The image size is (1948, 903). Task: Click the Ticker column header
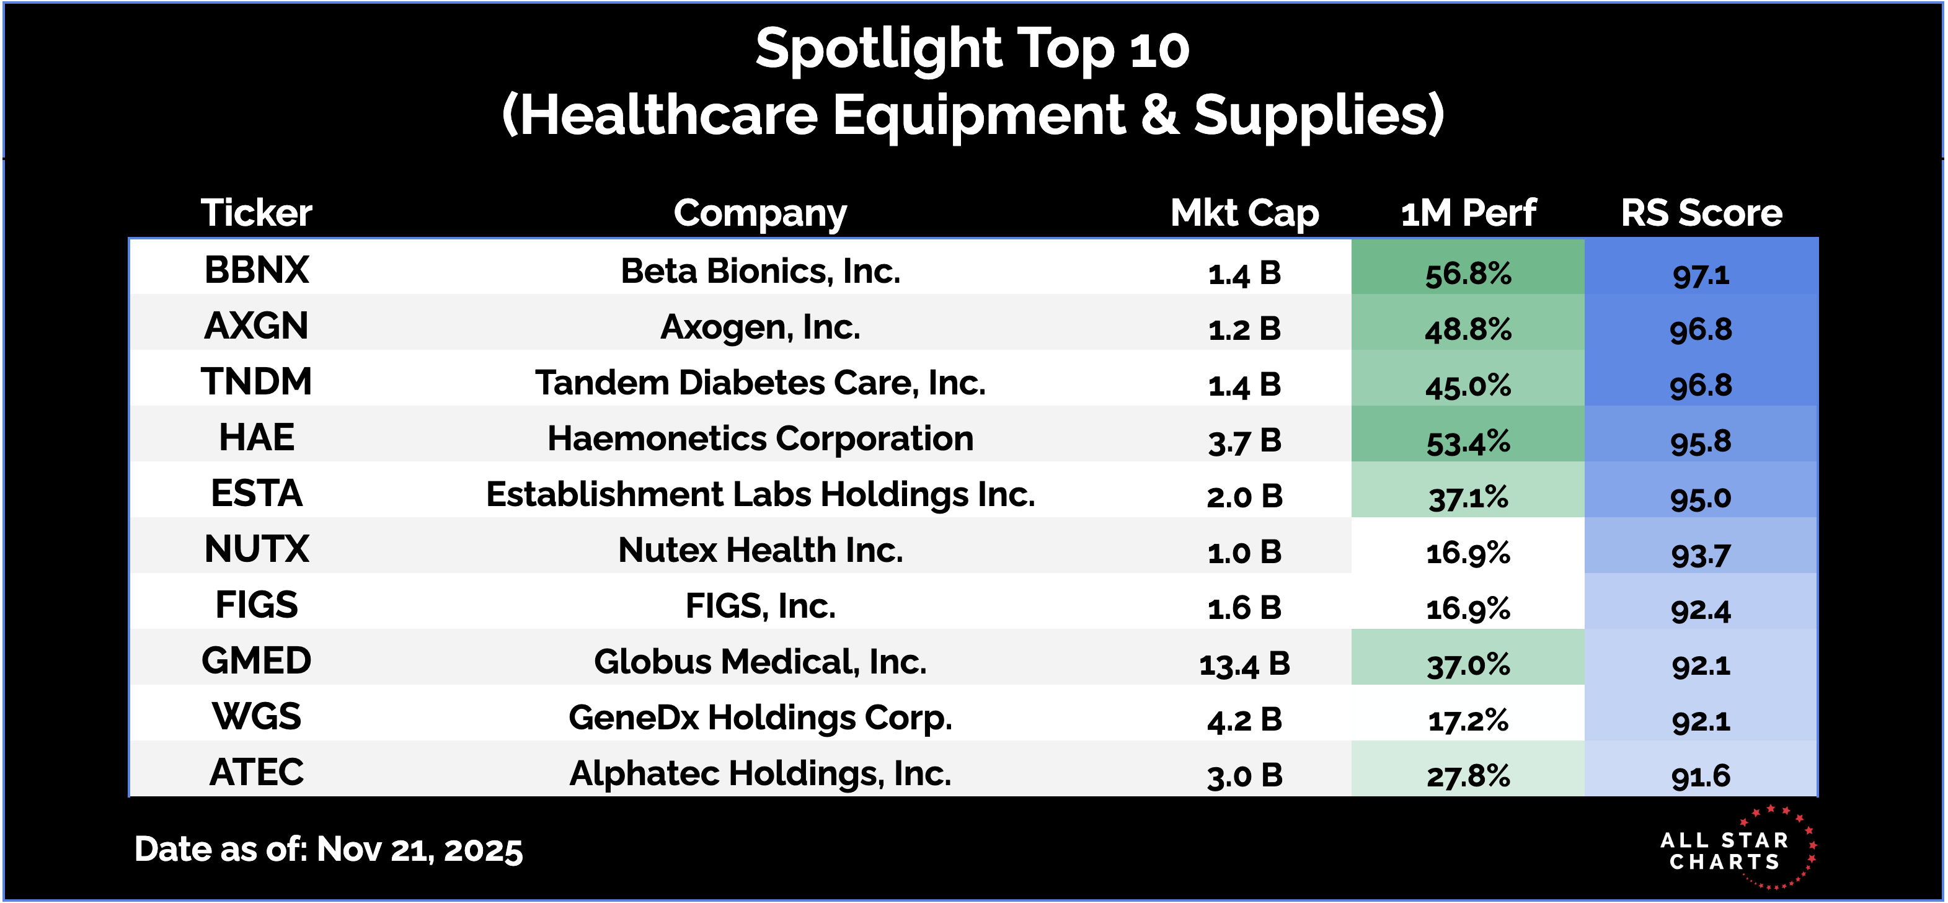256,213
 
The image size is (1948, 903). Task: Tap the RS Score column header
1701,213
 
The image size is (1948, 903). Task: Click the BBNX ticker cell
256,270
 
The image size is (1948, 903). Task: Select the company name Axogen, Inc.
760,327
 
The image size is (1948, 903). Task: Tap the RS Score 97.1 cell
1701,274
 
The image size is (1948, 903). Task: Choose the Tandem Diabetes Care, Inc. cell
760,383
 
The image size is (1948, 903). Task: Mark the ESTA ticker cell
256,494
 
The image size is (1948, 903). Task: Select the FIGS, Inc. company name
760,606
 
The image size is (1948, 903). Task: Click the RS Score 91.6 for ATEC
1701,776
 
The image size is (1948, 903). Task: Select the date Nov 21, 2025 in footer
419,849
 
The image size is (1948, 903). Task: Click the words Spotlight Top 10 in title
973,49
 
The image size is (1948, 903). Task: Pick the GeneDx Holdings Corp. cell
760,717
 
